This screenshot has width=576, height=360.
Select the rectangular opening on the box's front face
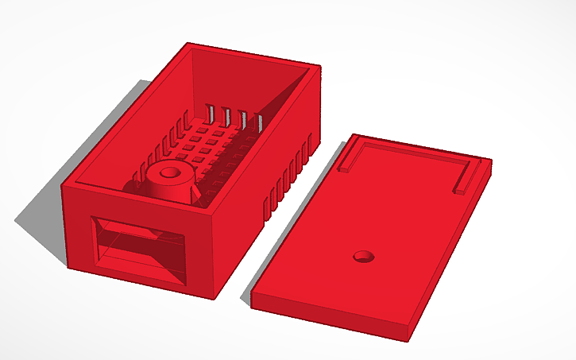139,247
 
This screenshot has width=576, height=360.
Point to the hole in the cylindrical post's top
168,171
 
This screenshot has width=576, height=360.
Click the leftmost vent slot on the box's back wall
211,112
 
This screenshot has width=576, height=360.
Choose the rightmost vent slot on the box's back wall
259,122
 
